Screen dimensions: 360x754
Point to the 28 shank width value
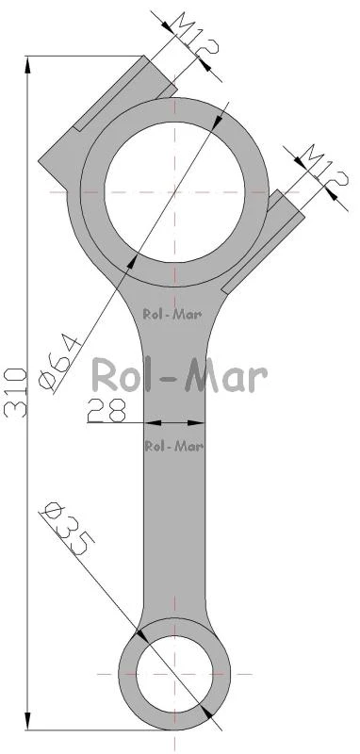click(x=106, y=410)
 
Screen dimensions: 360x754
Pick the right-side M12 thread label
click(x=323, y=168)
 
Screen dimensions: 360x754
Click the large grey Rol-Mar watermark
click(x=179, y=376)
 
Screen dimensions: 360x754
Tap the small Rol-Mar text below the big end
click(x=172, y=315)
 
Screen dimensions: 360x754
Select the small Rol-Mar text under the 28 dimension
click(x=174, y=446)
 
